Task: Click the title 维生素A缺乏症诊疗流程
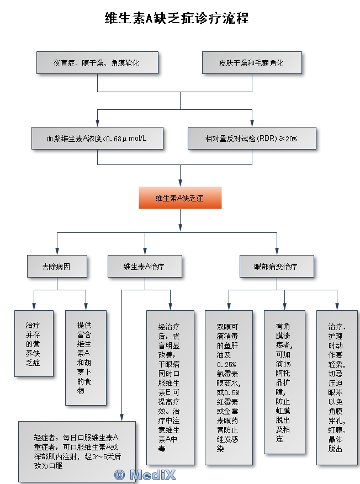pos(177,18)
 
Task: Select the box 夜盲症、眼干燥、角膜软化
pos(97,63)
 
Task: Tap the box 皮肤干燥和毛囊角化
pos(252,63)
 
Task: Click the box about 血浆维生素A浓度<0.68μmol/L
pos(97,138)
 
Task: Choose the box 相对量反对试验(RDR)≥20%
pos(252,138)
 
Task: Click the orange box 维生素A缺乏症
pos(180,198)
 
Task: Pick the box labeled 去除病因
pos(57,266)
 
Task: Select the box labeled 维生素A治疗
pos(145,266)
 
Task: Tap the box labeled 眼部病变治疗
pos(277,266)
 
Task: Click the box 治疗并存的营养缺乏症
pos(34,344)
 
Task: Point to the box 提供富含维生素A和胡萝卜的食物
pos(86,358)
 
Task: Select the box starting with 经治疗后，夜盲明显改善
pos(170,387)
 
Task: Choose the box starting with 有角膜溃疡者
pos(284,382)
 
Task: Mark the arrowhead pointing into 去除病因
pos(57,252)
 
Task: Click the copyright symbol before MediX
pos(119,474)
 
